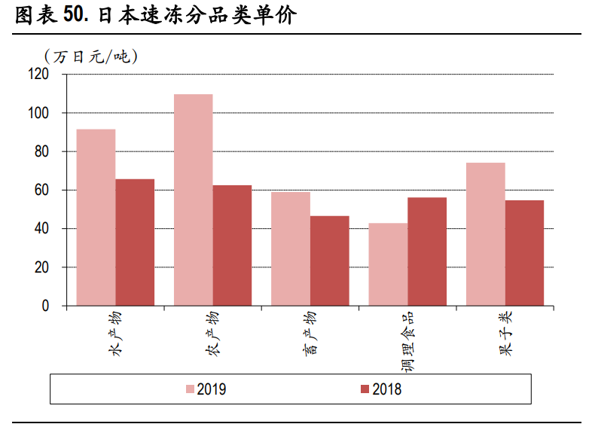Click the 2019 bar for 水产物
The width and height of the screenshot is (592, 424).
[x=96, y=218]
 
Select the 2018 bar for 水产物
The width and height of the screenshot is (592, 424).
[x=135, y=243]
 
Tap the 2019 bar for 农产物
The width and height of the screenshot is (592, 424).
[x=193, y=200]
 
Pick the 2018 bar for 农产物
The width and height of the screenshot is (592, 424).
[x=232, y=246]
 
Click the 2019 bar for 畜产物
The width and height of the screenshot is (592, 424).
[x=290, y=249]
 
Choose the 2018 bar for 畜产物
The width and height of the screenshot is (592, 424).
[x=329, y=261]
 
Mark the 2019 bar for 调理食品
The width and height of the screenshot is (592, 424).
[x=388, y=264]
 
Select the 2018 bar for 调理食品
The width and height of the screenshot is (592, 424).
[x=427, y=252]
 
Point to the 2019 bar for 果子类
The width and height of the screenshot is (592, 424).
[x=485, y=234]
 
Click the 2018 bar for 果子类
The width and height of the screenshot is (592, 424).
[x=524, y=253]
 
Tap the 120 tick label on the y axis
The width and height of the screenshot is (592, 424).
[x=38, y=74]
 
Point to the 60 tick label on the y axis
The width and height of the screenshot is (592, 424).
[x=41, y=190]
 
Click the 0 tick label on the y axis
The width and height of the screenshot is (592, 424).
[x=44, y=306]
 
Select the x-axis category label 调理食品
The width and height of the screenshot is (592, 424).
[x=407, y=343]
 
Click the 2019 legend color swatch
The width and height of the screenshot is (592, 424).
[x=191, y=389]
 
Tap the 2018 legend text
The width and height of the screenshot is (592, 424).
[x=387, y=389]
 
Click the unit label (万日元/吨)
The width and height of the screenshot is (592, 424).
[x=90, y=56]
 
